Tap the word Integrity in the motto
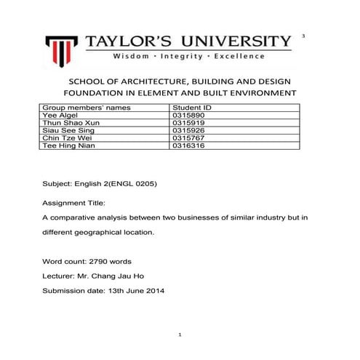[178, 56]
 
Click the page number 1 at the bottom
[180, 334]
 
